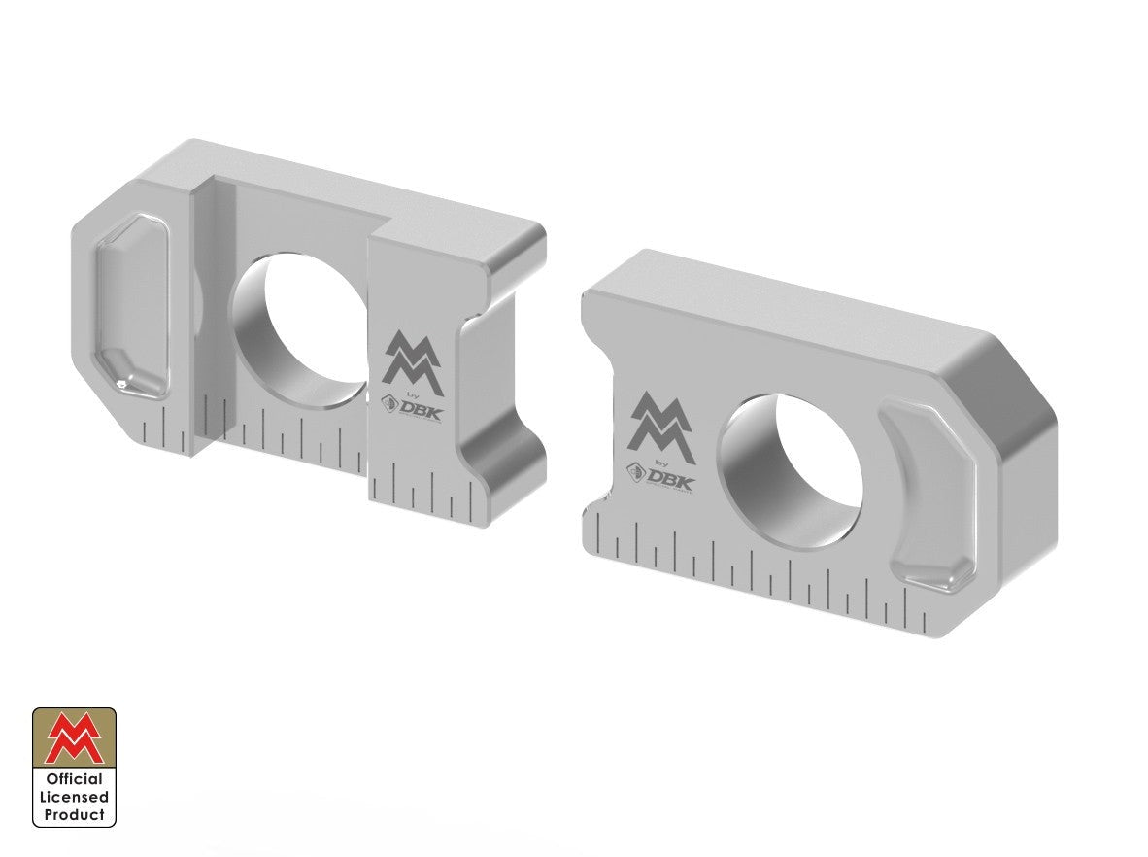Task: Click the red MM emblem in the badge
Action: [x=75, y=737]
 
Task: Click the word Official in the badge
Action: [x=75, y=779]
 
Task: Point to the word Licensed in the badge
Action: [x=75, y=797]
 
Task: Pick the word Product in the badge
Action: [x=75, y=814]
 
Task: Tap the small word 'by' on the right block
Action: [x=664, y=462]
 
